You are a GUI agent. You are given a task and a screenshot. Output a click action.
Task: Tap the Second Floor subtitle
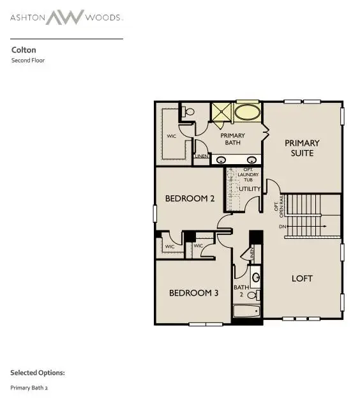tap(28, 61)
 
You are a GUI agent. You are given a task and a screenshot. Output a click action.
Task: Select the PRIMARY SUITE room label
tap(302, 148)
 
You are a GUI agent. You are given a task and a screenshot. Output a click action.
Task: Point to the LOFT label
tap(302, 278)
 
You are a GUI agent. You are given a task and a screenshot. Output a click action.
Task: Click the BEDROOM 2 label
tap(190, 199)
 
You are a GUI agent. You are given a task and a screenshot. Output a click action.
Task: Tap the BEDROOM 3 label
tap(193, 293)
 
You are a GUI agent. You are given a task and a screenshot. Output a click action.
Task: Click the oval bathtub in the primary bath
tap(247, 112)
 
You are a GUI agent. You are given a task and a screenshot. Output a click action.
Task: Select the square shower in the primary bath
tap(221, 112)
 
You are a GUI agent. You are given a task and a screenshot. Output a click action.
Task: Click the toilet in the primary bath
tap(188, 112)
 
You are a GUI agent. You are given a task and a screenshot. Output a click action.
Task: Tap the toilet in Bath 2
tap(254, 295)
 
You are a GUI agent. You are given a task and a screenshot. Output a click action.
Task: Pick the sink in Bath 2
tap(255, 278)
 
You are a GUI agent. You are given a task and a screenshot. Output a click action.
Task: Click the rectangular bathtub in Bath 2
tap(246, 312)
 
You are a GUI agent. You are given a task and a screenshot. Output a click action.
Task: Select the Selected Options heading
tap(37, 372)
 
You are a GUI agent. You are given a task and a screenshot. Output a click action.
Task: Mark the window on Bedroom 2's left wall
tap(154, 213)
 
